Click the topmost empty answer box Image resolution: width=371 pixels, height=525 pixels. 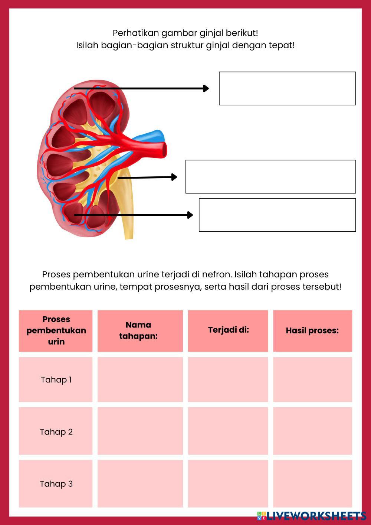tap(287, 88)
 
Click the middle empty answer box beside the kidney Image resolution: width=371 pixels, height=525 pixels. tap(270, 177)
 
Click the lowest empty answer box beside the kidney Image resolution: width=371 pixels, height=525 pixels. tap(277, 215)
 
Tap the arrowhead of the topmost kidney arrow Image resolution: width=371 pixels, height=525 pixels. tap(206, 88)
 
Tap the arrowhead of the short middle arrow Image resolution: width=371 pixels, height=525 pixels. tap(174, 177)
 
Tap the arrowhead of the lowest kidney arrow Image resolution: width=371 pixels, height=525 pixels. tap(190, 215)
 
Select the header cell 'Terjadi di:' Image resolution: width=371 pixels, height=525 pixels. tap(228, 330)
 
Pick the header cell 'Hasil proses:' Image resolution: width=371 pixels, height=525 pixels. tap(312, 330)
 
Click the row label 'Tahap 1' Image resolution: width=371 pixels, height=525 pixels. tap(56, 379)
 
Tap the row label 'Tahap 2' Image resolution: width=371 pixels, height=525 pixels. tap(56, 432)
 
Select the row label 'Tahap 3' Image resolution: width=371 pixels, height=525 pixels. tap(56, 484)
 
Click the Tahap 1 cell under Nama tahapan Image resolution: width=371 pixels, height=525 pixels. tap(140, 379)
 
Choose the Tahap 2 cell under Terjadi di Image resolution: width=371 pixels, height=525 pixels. tap(228, 431)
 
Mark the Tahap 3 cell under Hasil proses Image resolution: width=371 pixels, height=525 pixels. tap(312, 484)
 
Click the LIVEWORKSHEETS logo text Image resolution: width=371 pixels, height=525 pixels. tap(315, 515)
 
